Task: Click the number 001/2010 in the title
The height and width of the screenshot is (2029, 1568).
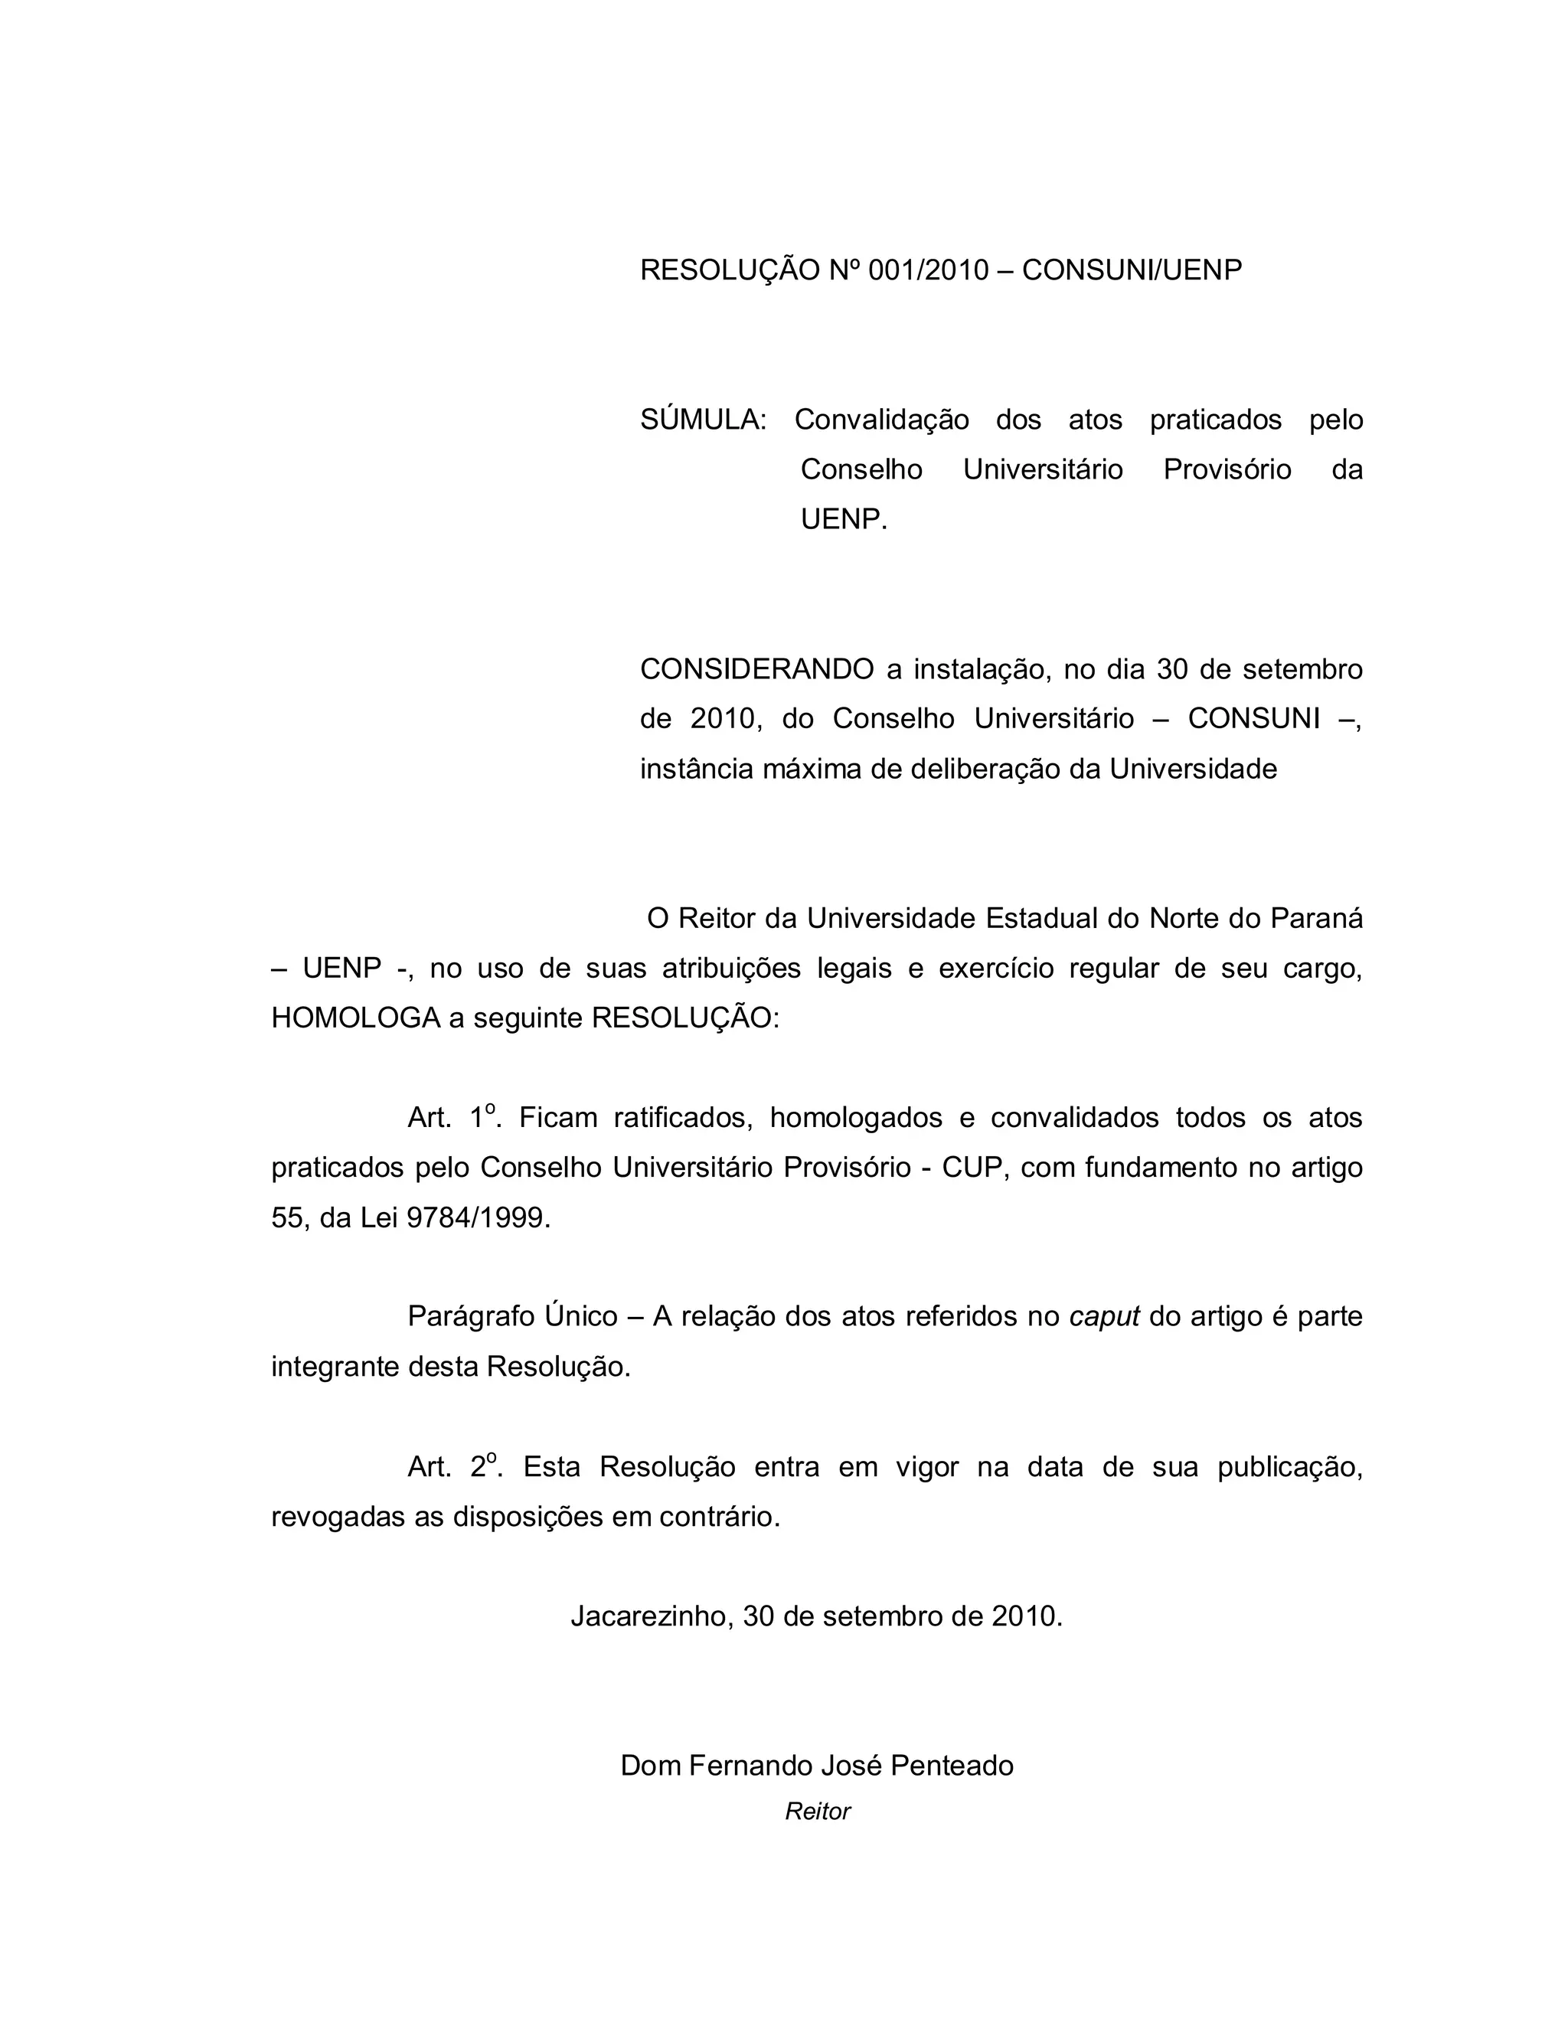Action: [928, 270]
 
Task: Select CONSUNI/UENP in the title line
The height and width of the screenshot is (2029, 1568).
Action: [1132, 270]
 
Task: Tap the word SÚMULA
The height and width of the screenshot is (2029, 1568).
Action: [702, 420]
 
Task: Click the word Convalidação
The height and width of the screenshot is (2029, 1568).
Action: [880, 420]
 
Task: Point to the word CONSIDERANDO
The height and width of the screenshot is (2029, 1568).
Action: [756, 669]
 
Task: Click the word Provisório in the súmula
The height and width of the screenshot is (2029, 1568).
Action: [1227, 470]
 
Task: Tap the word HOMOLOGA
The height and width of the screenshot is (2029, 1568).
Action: [354, 1018]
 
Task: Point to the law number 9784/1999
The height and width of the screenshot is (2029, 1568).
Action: [478, 1218]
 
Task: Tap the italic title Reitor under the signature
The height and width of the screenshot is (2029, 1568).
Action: [818, 1812]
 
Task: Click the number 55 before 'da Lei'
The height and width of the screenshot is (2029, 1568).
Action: [287, 1218]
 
